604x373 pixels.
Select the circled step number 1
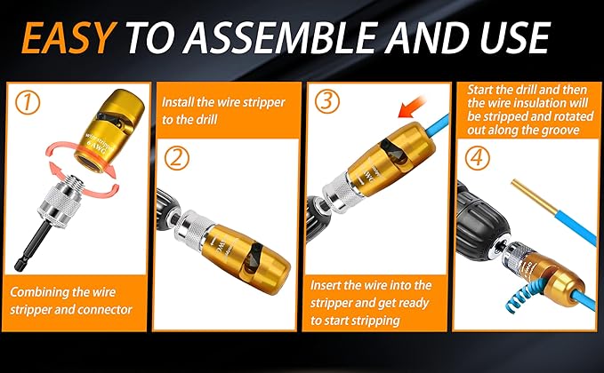click(x=29, y=104)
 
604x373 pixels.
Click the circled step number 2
click(x=178, y=158)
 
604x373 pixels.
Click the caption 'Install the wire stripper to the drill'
click(x=222, y=111)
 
